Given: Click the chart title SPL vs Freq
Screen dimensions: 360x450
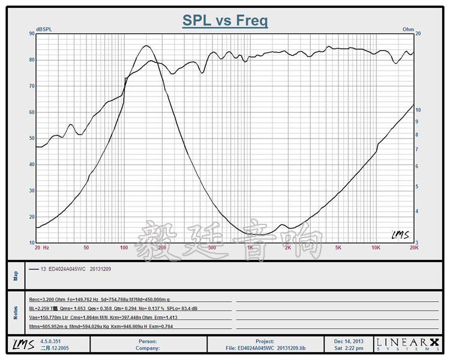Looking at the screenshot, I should pos(225,21).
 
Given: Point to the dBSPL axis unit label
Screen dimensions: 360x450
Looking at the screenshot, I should pos(44,29).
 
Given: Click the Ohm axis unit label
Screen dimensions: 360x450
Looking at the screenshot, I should pos(408,29).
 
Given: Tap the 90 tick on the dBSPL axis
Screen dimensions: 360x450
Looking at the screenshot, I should pos(31,34).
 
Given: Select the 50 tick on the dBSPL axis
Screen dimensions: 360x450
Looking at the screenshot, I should pos(31,138).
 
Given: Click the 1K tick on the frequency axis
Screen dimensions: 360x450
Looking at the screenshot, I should pos(250,247).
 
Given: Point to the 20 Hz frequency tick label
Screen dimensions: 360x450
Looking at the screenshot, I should pos(41,247).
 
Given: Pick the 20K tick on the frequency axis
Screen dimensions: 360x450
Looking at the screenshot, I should pos(413,247).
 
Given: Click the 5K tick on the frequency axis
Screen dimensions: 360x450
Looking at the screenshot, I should pos(338,247).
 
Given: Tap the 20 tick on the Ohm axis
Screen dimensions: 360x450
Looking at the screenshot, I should pos(419,34).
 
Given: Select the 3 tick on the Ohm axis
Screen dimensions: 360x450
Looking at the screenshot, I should pos(418,242).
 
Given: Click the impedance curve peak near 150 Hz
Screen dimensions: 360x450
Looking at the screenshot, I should pos(146,46).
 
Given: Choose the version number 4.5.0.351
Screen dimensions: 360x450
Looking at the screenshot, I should pos(50,341).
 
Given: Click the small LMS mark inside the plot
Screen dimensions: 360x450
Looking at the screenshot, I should pos(400,235).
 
